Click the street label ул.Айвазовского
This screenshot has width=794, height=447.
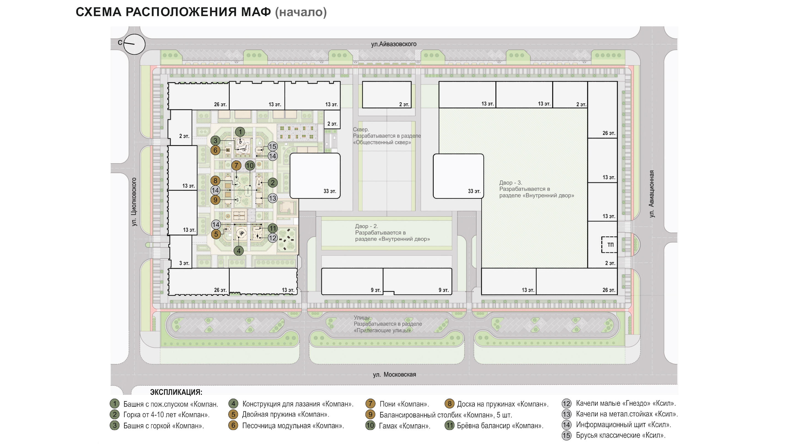coord(394,44)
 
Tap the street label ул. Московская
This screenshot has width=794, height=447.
coord(394,374)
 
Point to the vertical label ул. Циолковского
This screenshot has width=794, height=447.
coord(134,202)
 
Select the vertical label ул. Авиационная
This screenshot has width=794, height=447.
coord(651,194)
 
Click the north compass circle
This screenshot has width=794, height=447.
coord(134,44)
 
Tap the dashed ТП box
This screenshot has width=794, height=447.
coord(609,245)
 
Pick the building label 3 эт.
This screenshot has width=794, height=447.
coord(184,263)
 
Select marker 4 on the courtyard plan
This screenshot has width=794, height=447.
coord(238,251)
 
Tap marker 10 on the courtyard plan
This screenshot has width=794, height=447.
coord(250,166)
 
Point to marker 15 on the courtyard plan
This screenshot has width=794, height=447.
coord(272,147)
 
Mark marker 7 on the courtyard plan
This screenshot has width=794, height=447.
coord(237,166)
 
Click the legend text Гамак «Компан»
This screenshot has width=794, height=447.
coord(404,426)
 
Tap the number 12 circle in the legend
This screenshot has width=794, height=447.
coord(567,403)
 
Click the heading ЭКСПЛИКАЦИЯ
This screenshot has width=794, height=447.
coord(176,392)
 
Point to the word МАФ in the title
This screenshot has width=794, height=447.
coord(256,12)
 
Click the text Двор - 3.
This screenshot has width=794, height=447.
coord(510,183)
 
